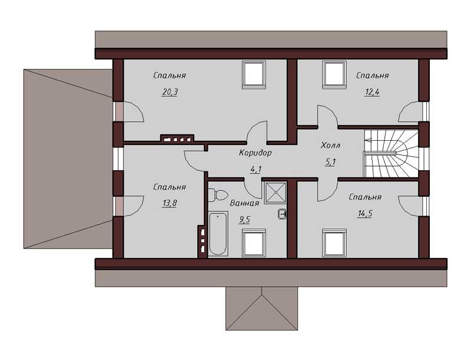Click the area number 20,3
click(x=170, y=93)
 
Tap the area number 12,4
click(x=372, y=92)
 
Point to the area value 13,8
click(x=170, y=203)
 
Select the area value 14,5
click(x=365, y=214)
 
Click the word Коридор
click(x=256, y=153)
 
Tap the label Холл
click(x=330, y=146)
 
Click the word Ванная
click(x=244, y=203)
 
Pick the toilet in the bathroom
click(x=218, y=195)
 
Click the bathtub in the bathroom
click(x=218, y=234)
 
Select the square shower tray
click(x=275, y=193)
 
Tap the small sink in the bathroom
click(x=282, y=214)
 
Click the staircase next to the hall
click(x=391, y=153)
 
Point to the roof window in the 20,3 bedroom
click(x=254, y=75)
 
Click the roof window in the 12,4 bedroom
click(x=334, y=75)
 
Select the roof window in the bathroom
click(x=254, y=243)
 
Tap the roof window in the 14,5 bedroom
click(x=334, y=243)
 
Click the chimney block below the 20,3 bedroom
click(x=177, y=138)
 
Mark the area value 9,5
click(x=244, y=220)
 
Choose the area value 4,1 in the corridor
click(x=256, y=170)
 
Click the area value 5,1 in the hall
click(x=330, y=162)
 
